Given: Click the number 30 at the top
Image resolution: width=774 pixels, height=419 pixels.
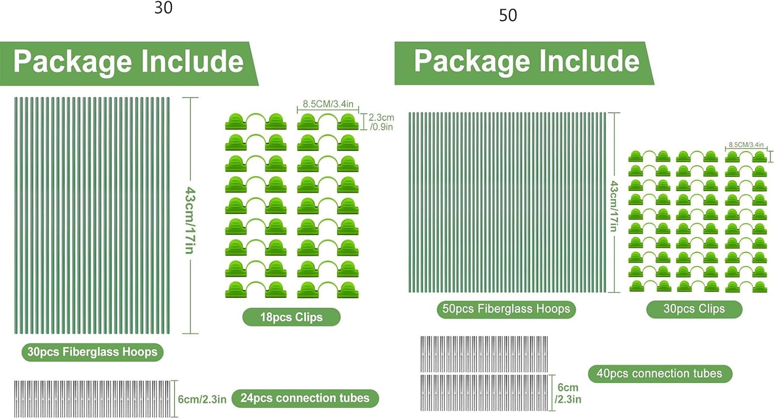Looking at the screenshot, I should pos(163,8).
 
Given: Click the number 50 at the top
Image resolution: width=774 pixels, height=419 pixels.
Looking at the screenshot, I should pos(508,15).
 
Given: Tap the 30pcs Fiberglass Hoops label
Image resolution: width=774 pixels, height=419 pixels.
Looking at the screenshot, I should pos(92,352).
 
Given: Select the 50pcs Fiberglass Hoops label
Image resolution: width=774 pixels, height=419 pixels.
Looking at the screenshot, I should pos(506,309).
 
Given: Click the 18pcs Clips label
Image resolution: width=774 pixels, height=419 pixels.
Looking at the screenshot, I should pos(291,317).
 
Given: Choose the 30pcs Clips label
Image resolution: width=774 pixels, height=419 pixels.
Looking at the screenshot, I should pos(694,309).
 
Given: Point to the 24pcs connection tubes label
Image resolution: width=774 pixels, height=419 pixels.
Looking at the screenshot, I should pos(304,398).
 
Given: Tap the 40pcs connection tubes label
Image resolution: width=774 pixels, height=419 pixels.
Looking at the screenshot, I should pos(659,374).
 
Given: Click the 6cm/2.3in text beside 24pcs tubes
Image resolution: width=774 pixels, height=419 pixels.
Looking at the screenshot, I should pos(202,399).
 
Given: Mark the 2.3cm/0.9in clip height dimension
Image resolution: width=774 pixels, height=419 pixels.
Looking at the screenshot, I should pos(381,122).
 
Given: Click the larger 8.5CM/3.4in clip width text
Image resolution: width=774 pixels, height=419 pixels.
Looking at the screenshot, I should pos(328,104).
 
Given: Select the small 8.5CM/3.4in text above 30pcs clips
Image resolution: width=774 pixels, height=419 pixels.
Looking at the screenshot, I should pos(746,145).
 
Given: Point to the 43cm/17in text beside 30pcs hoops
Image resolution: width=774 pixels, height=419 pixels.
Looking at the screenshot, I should pos(190,220).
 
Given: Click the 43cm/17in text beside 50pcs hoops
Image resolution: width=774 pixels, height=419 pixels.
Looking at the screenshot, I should pos(614,206).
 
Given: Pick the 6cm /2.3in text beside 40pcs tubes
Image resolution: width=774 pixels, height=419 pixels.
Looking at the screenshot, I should pos(568,393).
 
